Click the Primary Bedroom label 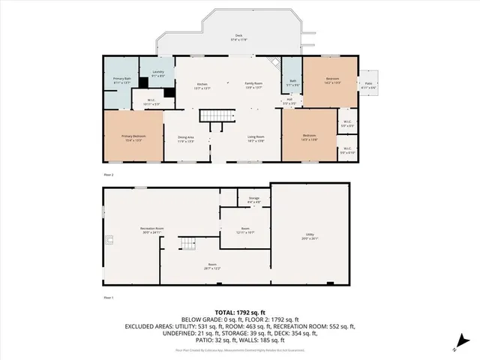(133, 137)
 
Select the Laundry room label (158, 73)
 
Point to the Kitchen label (202, 85)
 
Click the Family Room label (253, 85)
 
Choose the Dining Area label (186, 139)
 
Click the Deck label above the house (239, 37)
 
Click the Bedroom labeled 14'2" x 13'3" (332, 81)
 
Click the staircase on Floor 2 (211, 118)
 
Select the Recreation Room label (152, 231)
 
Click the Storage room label (253, 199)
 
